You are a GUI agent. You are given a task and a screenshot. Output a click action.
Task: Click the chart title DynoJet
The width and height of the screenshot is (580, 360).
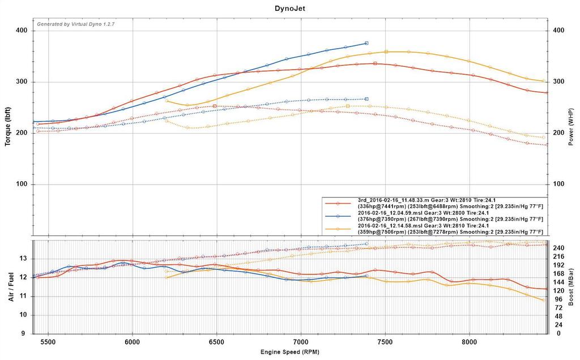click(x=289, y=8)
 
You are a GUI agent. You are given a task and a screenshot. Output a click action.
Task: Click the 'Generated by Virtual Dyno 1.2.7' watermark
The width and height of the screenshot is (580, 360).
click(x=76, y=24)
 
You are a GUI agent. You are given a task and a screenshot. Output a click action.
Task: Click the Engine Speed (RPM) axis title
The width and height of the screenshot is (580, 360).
click(x=289, y=352)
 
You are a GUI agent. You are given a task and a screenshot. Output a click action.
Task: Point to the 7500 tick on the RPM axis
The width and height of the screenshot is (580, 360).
click(x=386, y=342)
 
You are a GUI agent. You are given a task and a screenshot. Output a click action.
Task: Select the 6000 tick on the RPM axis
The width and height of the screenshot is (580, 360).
click(x=132, y=342)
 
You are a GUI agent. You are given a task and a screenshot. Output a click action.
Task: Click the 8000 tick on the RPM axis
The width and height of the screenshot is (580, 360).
click(x=470, y=342)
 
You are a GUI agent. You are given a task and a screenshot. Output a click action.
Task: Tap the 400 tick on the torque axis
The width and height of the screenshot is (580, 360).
click(x=23, y=31)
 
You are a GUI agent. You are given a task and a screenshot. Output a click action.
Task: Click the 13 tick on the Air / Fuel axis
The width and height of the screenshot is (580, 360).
click(x=23, y=259)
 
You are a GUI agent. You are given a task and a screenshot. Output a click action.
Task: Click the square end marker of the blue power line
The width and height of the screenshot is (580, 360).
click(x=366, y=43)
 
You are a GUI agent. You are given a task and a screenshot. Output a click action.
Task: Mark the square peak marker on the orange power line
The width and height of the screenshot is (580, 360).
click(x=386, y=52)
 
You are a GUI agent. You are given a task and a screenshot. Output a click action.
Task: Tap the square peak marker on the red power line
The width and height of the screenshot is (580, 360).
click(x=375, y=63)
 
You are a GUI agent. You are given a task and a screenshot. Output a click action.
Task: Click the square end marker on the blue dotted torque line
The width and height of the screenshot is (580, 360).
click(x=366, y=99)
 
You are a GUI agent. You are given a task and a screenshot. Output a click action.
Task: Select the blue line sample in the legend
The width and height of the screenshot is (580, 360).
click(x=338, y=216)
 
